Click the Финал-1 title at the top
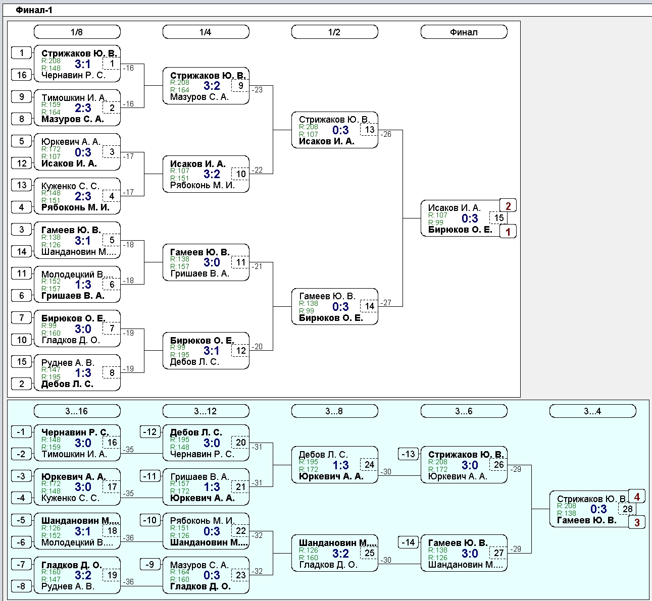point(34,10)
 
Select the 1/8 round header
point(77,32)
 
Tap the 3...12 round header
point(206,411)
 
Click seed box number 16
point(22,75)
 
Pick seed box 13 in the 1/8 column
point(22,185)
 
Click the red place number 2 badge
point(508,206)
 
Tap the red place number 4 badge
point(637,497)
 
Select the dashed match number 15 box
point(498,218)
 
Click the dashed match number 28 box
point(627,509)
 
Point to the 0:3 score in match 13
point(340,130)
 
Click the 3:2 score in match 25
point(340,554)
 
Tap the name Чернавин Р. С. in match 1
point(74,75)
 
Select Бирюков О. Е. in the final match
point(460,230)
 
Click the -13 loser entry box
point(409,454)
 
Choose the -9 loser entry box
point(150,564)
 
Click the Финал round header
point(464,32)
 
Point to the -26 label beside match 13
point(386,134)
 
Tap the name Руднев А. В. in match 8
point(68,363)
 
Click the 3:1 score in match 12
point(212,351)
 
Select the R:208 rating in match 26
point(438,462)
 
